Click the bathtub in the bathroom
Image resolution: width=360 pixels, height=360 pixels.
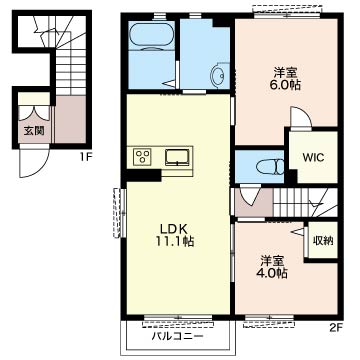[x=151, y=36]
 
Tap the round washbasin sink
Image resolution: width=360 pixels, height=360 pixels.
[x=216, y=76]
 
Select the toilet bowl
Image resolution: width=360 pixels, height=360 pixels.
[x=270, y=166]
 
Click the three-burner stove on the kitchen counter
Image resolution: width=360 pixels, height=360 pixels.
[x=142, y=156]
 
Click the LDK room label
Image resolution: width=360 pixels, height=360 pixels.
[x=175, y=229]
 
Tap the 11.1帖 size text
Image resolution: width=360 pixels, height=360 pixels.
[x=175, y=241]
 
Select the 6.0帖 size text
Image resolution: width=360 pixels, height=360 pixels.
[x=285, y=85]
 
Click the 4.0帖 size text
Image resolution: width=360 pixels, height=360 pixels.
[x=271, y=273]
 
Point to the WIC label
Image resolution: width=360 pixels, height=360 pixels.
[x=313, y=157]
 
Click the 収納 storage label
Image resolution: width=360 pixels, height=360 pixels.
[x=323, y=241]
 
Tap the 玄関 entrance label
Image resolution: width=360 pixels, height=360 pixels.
[x=34, y=131]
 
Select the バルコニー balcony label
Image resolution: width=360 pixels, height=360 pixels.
[x=178, y=336]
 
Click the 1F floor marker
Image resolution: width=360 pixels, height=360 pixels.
[x=86, y=157]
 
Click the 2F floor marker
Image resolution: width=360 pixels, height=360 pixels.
[x=336, y=328]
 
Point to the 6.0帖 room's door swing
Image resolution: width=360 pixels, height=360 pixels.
[x=300, y=117]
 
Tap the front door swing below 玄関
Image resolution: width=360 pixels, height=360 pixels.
[x=34, y=163]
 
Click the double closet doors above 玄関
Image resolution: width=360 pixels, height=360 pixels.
[x=34, y=113]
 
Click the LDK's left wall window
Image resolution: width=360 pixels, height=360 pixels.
[x=119, y=213]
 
